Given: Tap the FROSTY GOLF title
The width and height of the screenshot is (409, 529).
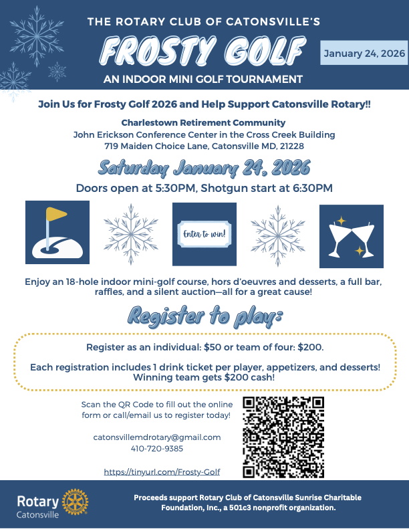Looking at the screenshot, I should (204, 51).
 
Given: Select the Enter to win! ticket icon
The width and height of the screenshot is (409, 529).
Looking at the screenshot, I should (204, 234).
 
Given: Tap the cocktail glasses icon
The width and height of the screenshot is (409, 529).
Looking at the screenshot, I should (351, 234).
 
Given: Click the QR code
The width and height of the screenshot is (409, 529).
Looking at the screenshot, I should (283, 437).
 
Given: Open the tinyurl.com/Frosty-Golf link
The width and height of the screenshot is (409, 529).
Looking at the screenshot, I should (162, 471).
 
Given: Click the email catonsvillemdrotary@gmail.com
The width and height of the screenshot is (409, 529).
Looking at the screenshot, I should (157, 437).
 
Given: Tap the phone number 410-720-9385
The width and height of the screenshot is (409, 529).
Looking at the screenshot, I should (157, 449).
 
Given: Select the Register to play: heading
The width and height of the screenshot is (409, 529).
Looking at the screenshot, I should (204, 317).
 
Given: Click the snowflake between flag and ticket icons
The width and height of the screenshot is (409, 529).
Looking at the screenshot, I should (131, 234).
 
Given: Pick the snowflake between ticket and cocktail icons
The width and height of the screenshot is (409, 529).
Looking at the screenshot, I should (277, 234).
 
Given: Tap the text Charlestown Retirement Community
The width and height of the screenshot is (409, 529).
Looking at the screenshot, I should (204, 122).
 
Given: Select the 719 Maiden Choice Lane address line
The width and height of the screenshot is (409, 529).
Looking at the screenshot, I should (204, 146).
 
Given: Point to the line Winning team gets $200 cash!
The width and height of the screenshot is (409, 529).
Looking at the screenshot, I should (204, 377).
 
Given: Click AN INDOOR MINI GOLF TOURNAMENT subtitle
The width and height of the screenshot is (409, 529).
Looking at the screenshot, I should (204, 80).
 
